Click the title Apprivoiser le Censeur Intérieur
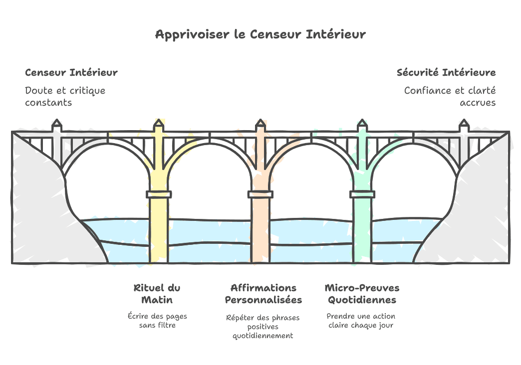point(260,34)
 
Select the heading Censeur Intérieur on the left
point(71,72)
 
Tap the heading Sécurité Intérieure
point(446,72)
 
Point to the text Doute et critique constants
point(65,96)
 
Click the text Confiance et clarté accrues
point(450,96)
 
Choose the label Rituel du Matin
point(157,294)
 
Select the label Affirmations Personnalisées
point(263,294)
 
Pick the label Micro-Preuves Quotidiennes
point(362,294)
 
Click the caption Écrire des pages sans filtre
point(157,321)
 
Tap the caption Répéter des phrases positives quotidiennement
point(263,327)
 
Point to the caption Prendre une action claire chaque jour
point(361,321)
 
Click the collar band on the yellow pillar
point(159,194)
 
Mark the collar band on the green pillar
point(362,194)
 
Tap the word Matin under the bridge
point(157,300)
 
